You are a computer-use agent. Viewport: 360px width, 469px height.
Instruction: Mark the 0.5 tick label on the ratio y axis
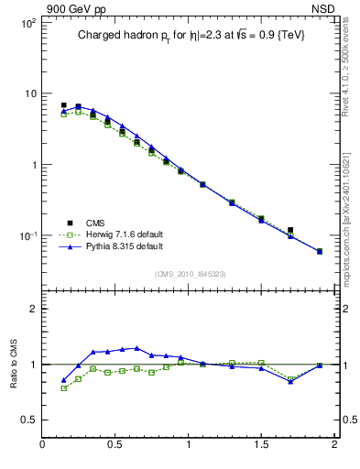click(x=28, y=420)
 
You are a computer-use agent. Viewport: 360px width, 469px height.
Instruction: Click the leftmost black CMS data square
click(x=63, y=105)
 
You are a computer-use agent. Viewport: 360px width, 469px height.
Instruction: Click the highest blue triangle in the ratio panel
click(x=136, y=348)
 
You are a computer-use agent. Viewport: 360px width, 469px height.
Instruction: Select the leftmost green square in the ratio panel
click(x=63, y=388)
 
